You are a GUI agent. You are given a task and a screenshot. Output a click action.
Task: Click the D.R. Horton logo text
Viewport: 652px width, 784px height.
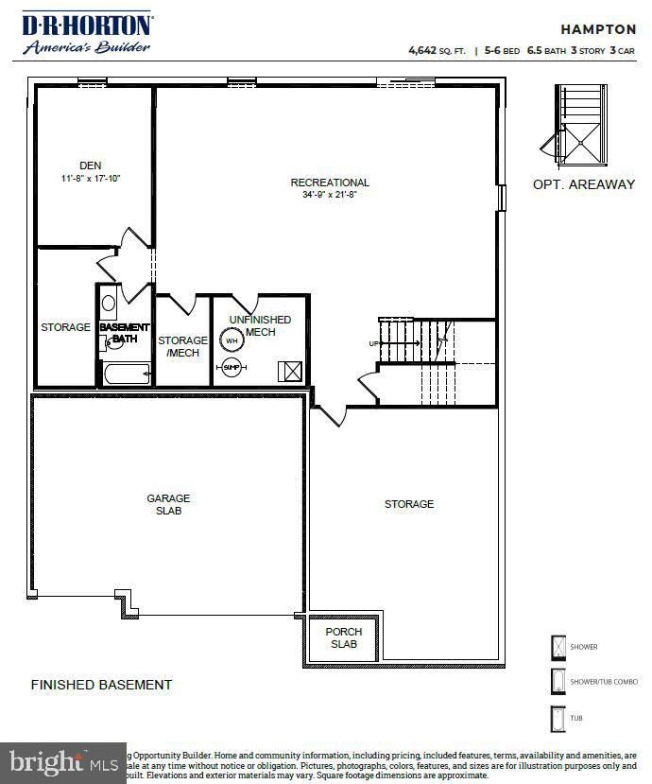pyautogui.click(x=87, y=26)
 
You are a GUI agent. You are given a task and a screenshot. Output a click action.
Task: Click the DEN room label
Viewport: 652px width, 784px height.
pyautogui.click(x=91, y=166)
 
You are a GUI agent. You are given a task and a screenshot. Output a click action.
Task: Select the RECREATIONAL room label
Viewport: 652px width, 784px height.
pyautogui.click(x=330, y=183)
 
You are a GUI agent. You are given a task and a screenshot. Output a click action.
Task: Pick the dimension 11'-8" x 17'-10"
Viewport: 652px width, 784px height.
pyautogui.click(x=91, y=179)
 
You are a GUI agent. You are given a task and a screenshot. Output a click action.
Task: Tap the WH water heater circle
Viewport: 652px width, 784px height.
pyautogui.click(x=232, y=341)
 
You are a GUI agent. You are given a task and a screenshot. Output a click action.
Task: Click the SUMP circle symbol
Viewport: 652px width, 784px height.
pyautogui.click(x=232, y=367)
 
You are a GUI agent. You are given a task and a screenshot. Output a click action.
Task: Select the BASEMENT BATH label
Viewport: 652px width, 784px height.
pyautogui.click(x=125, y=333)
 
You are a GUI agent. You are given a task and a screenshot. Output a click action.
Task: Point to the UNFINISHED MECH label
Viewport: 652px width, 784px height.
pyautogui.click(x=260, y=326)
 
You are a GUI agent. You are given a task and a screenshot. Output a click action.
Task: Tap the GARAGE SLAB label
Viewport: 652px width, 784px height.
pyautogui.click(x=168, y=504)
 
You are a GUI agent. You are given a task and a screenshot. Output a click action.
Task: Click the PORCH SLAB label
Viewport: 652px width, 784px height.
pyautogui.click(x=344, y=637)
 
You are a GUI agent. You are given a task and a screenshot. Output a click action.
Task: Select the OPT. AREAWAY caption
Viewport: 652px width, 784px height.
pyautogui.click(x=584, y=184)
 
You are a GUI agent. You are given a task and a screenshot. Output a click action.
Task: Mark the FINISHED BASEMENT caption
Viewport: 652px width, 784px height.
pyautogui.click(x=102, y=685)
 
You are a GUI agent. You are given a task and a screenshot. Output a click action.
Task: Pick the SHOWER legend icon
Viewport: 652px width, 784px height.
pyautogui.click(x=557, y=648)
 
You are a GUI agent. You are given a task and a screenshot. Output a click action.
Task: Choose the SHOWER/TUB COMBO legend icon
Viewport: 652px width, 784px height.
pyautogui.click(x=557, y=682)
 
